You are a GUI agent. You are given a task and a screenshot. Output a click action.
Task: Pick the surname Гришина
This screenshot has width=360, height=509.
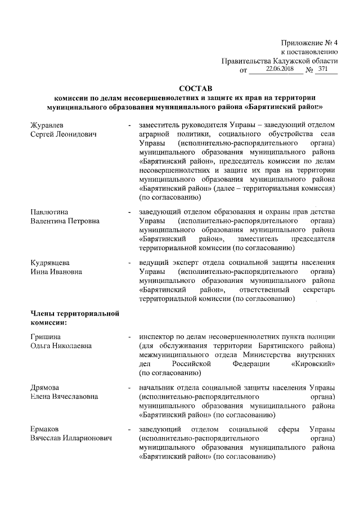(x=46, y=336)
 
